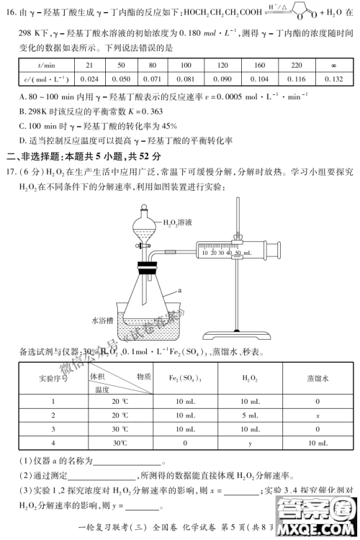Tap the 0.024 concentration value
point(89,79)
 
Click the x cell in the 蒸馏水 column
point(317,415)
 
